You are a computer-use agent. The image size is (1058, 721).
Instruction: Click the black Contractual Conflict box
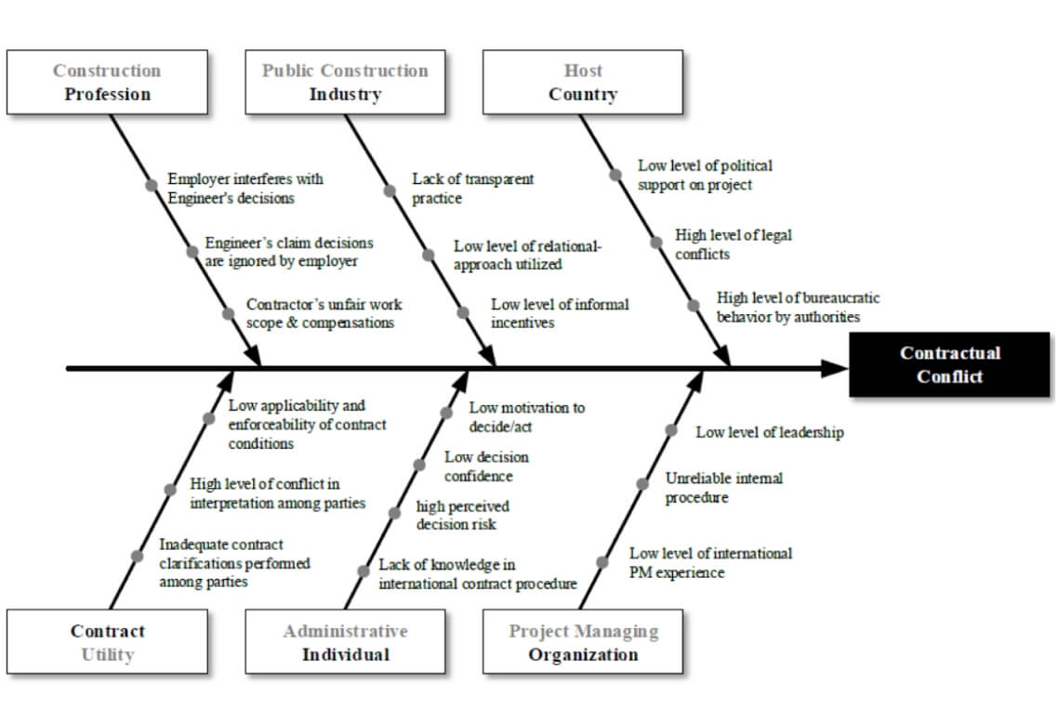click(949, 364)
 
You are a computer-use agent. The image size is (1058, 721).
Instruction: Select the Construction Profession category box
click(107, 83)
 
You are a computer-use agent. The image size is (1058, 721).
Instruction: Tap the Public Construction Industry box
click(346, 83)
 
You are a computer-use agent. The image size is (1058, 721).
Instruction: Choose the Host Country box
click(583, 83)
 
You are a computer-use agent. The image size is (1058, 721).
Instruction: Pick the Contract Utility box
click(107, 641)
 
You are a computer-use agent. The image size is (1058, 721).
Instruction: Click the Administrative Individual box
click(346, 641)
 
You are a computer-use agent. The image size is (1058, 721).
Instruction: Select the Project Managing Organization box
click(583, 641)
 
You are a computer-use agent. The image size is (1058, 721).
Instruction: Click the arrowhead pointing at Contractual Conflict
click(834, 368)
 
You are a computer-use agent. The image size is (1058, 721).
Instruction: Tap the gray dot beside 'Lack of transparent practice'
click(390, 190)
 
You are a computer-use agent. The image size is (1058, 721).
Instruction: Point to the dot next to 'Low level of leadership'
click(670, 430)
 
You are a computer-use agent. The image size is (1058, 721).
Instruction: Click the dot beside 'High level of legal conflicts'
click(655, 243)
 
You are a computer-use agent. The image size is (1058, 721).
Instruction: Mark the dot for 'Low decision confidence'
click(419, 465)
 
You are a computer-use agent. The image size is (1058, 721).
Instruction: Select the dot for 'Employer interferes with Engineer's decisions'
click(152, 185)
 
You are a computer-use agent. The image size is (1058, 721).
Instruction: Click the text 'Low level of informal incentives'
click(560, 314)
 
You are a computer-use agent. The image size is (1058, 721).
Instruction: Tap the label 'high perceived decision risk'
click(462, 516)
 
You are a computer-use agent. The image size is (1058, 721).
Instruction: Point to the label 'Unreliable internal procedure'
click(724, 488)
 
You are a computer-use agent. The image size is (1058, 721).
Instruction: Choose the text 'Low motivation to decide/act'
click(527, 417)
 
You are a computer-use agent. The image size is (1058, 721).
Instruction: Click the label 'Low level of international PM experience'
click(710, 563)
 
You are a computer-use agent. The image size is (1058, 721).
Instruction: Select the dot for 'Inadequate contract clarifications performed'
click(137, 556)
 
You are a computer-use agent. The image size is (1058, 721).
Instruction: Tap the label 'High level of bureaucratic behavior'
click(798, 307)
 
